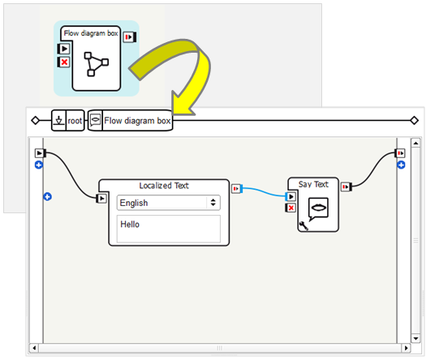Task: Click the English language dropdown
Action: [x=169, y=203]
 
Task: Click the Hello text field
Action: [x=169, y=228]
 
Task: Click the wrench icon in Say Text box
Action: [x=303, y=226]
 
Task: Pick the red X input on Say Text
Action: [x=290, y=208]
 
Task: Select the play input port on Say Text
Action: [x=290, y=196]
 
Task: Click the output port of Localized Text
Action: [x=236, y=189]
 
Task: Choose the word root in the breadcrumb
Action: [x=75, y=121]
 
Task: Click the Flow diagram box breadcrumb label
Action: [x=137, y=121]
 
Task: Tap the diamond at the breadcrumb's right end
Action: [x=414, y=121]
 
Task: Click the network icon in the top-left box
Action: [x=96, y=65]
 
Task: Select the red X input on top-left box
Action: [x=64, y=62]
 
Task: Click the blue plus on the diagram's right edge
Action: [x=400, y=165]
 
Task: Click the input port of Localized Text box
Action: [x=102, y=198]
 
